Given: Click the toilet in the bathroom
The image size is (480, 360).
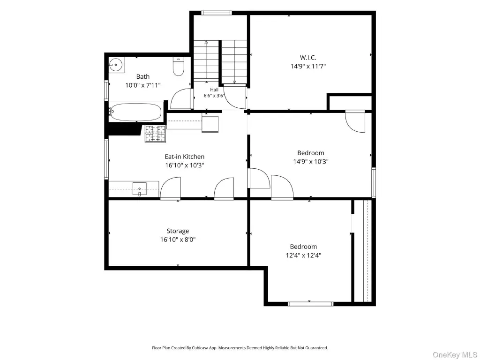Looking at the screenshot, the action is [178, 67].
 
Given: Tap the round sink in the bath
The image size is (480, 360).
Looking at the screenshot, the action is [116, 65].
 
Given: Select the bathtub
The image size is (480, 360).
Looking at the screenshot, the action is [135, 112].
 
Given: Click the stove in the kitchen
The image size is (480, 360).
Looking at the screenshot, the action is [156, 134].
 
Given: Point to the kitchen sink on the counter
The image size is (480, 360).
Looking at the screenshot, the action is [140, 188].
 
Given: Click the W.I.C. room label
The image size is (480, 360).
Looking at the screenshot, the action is [308, 58].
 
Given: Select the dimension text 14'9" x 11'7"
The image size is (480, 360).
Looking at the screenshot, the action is [308, 66].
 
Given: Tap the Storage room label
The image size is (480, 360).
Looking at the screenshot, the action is [178, 231].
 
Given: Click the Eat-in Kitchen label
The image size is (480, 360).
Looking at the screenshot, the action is [185, 157].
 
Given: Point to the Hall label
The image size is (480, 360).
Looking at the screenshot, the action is [214, 90].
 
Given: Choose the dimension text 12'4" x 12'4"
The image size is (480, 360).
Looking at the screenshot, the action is [303, 255].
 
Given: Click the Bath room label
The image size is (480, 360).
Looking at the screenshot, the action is [143, 76].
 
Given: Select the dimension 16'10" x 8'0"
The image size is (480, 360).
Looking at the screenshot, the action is [178, 240].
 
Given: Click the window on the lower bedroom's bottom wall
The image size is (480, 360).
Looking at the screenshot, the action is [311, 304].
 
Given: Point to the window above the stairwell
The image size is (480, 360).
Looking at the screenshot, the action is [217, 13].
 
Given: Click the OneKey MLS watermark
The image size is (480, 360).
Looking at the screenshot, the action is [455, 355].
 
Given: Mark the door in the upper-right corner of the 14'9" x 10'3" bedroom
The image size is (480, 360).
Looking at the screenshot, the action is [355, 121].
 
